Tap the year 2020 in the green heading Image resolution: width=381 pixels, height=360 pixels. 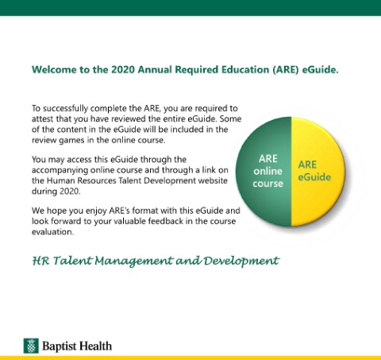click(123, 70)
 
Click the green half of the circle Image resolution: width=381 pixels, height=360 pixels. click(264, 172)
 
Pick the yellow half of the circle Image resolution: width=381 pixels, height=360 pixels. click(318, 172)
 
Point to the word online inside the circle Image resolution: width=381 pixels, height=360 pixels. click(267, 171)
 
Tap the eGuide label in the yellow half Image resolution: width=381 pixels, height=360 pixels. click(314, 177)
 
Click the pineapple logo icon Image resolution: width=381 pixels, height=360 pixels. click(31, 346)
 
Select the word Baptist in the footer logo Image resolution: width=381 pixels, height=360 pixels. click(59, 346)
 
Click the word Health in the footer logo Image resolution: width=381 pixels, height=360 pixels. click(95, 346)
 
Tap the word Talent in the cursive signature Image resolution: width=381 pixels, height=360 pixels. click(72, 261)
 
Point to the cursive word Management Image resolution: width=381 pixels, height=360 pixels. click(133, 261)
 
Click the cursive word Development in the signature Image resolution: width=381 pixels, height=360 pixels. click(241, 261)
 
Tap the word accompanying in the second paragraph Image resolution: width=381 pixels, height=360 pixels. click(60, 170)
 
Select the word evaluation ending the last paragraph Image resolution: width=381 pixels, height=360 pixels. click(52, 232)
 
